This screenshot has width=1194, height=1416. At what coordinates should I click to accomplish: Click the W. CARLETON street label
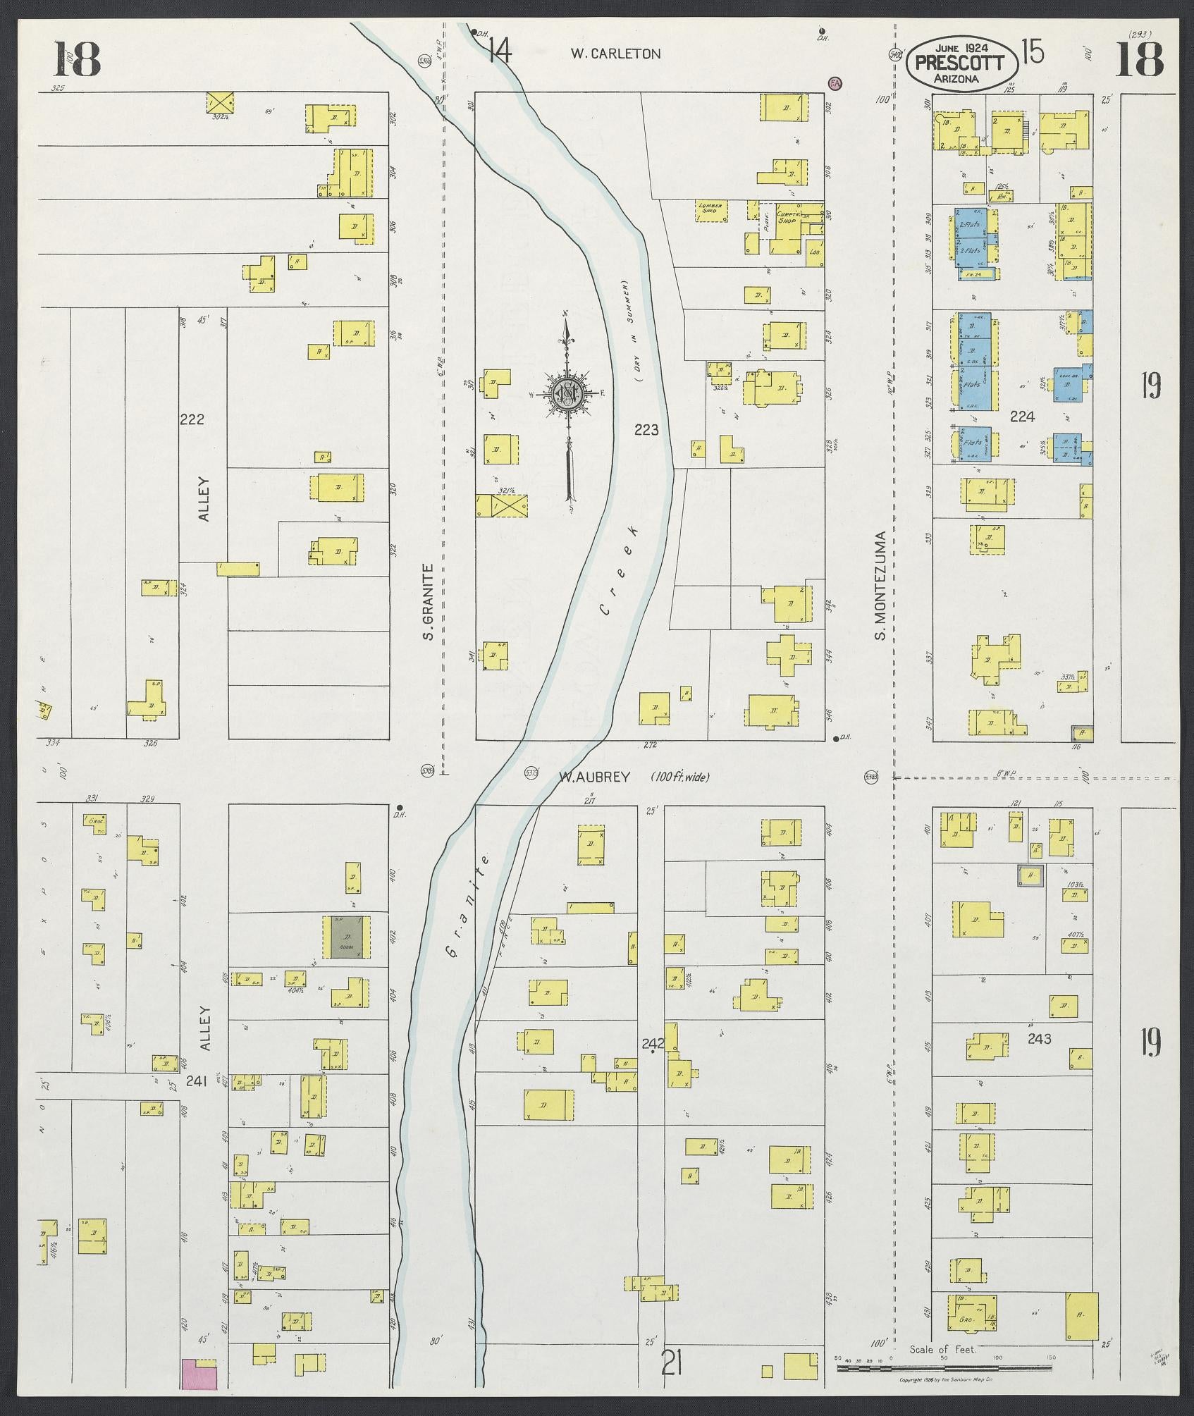coord(615,54)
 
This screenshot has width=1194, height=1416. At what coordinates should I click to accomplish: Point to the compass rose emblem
coord(566,393)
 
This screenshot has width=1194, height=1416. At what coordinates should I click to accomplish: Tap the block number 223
coord(646,429)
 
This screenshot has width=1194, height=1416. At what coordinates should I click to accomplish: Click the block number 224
coord(1021,417)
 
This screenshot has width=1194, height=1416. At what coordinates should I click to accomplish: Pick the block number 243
coord(1039,1038)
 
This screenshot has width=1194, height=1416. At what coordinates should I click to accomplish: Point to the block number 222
coord(192,419)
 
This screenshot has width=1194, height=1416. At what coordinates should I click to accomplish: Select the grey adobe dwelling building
coord(345,937)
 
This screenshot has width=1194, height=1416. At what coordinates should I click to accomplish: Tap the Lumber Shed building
coord(710,211)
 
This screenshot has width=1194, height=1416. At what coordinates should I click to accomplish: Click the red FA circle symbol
coord(835,83)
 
